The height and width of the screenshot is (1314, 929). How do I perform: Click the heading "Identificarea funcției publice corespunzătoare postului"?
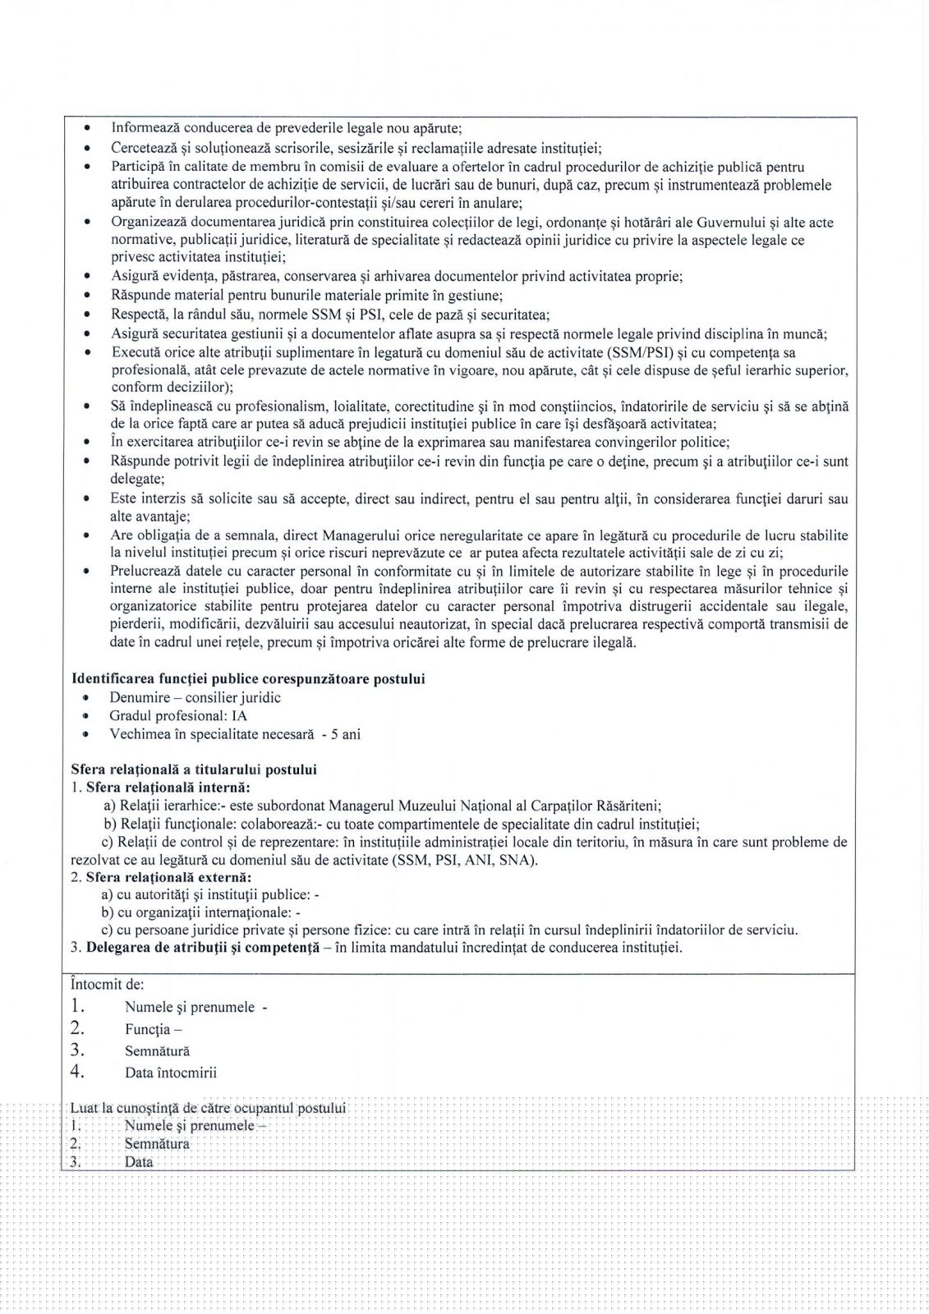249,679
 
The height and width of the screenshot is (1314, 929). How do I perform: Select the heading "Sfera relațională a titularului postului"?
194,770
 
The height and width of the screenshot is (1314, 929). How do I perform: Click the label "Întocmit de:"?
108,983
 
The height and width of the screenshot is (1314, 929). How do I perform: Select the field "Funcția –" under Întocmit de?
154,1029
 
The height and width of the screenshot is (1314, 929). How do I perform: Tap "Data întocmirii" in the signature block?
171,1072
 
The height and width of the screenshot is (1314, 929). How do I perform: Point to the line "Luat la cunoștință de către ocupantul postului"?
209,1108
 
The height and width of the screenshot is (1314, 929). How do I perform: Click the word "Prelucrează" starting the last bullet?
149,571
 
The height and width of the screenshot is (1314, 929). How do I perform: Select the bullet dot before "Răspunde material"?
88,296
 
